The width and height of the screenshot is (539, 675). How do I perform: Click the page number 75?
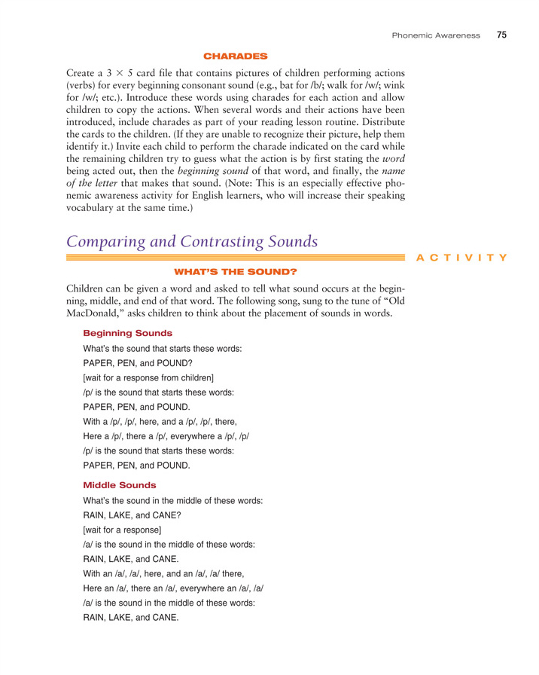click(x=501, y=34)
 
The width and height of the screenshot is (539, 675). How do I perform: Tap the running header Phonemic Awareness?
click(x=437, y=35)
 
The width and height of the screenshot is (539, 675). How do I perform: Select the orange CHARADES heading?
click(x=236, y=55)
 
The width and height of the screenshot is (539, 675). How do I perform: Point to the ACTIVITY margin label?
click(x=471, y=257)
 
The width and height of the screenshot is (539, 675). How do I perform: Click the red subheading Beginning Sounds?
click(x=127, y=333)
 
